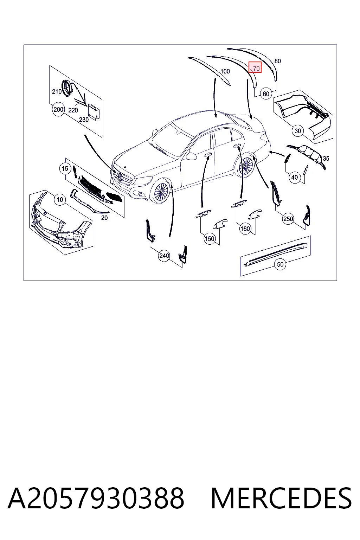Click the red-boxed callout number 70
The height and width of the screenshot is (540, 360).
click(x=255, y=67)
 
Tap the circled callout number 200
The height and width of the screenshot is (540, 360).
click(x=58, y=110)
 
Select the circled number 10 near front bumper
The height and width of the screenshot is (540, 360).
click(x=60, y=200)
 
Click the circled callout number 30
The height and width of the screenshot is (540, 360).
click(x=298, y=131)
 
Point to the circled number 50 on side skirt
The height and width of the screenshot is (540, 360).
click(x=280, y=264)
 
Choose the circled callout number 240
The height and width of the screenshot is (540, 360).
click(x=164, y=256)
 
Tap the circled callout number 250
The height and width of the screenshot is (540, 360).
click(x=288, y=219)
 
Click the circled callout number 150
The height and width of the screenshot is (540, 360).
click(x=209, y=239)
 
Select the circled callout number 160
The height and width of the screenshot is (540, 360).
click(x=245, y=229)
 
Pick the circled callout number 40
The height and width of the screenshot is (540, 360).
click(x=295, y=178)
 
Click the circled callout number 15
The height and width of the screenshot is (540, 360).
click(x=65, y=168)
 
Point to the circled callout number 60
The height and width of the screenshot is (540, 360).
click(x=266, y=94)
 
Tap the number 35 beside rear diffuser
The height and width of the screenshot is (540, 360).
click(x=326, y=159)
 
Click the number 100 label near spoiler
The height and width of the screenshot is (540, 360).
click(x=225, y=71)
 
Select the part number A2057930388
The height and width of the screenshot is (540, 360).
click(x=96, y=498)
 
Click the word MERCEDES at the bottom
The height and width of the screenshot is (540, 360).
click(x=281, y=498)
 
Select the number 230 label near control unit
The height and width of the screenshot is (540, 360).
click(x=84, y=120)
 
